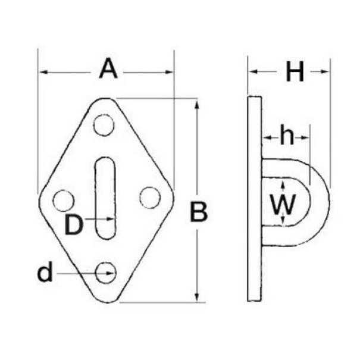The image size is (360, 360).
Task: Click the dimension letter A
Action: pyautogui.click(x=108, y=68)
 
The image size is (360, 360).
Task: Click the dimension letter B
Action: pyautogui.click(x=199, y=212)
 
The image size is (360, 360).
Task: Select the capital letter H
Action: pyautogui.click(x=295, y=71)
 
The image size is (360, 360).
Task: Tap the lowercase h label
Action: pyautogui.click(x=287, y=134)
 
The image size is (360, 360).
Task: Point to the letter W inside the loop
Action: pyautogui.click(x=283, y=204)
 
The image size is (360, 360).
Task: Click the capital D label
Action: pyautogui.click(x=73, y=225)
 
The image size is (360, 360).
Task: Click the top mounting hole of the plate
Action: pyautogui.click(x=104, y=125)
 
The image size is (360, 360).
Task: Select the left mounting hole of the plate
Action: pyautogui.click(x=63, y=201)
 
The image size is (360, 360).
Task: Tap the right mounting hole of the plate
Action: pyautogui.click(x=150, y=198)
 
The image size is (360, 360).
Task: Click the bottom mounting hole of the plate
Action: pyautogui.click(x=106, y=273)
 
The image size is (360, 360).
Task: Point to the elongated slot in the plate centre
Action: pyautogui.click(x=105, y=198)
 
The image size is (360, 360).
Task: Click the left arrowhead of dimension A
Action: pyautogui.click(x=43, y=73)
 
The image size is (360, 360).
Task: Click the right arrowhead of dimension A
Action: pyautogui.click(x=169, y=73)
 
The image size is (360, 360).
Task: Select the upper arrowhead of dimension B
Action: pyautogui.click(x=197, y=105)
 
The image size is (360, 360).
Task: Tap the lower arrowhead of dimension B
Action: pyautogui.click(x=197, y=297)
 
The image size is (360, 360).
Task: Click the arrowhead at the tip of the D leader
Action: pyautogui.click(x=111, y=219)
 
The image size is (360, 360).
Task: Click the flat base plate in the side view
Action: pyautogui.click(x=255, y=199)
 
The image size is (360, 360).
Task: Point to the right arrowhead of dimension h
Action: pyautogui.click(x=305, y=138)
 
